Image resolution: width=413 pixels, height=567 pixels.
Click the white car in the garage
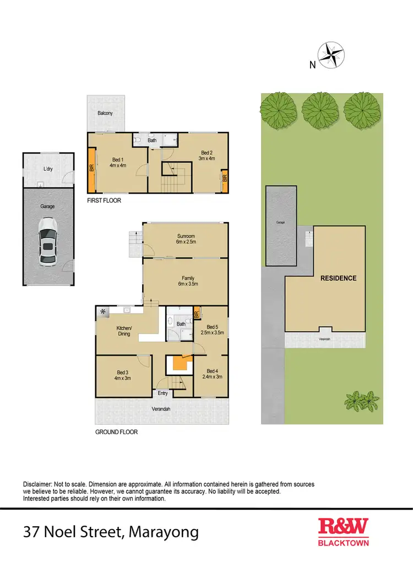[48, 241]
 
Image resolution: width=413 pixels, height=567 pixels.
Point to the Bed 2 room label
[206, 155]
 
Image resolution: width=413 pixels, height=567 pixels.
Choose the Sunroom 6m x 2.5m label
[185, 239]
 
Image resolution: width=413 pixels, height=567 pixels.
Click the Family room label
[185, 281]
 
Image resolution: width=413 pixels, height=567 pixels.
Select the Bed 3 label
[122, 374]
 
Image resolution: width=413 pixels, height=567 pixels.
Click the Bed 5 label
[212, 330]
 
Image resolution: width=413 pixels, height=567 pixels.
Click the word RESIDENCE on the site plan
[338, 278]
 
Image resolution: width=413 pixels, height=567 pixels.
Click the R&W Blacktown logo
[344, 532]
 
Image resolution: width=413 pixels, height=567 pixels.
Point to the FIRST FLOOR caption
[104, 201]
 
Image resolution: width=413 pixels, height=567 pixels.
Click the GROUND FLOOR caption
[116, 433]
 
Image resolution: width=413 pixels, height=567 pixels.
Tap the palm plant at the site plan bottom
[362, 402]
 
